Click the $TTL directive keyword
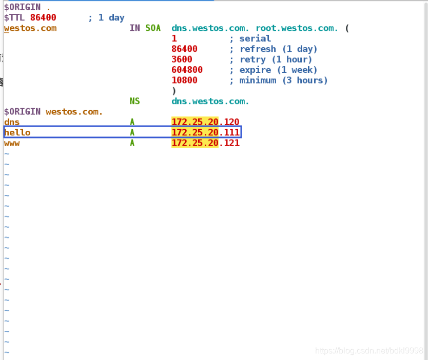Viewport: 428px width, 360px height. point(14,17)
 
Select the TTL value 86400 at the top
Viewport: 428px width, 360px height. point(43,17)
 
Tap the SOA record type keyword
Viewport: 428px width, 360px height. point(153,28)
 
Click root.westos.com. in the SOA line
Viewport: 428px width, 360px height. point(297,28)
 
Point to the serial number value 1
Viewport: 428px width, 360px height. point(174,38)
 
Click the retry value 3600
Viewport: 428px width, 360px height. point(182,59)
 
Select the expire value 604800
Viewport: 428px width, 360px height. point(187,70)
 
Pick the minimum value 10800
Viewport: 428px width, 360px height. point(185,81)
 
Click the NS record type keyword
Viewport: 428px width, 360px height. point(135,102)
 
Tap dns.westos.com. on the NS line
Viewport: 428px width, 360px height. point(210,102)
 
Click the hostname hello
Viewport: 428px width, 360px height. point(17,133)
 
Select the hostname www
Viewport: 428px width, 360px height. point(12,143)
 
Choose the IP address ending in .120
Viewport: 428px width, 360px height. point(205,122)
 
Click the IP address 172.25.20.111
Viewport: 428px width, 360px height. point(205,133)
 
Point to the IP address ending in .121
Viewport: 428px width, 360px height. point(205,143)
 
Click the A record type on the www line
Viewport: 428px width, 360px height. point(132,143)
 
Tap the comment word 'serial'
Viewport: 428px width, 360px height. point(255,38)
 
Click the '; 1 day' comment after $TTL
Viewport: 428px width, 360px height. point(106,17)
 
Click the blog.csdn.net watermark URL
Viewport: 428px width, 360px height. point(369,351)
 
